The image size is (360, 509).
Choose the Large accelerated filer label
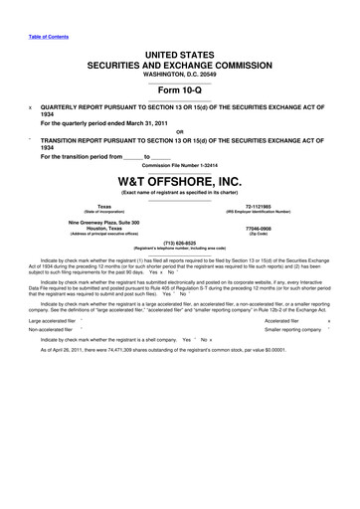point(53,322)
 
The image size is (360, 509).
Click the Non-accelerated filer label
point(51,333)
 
